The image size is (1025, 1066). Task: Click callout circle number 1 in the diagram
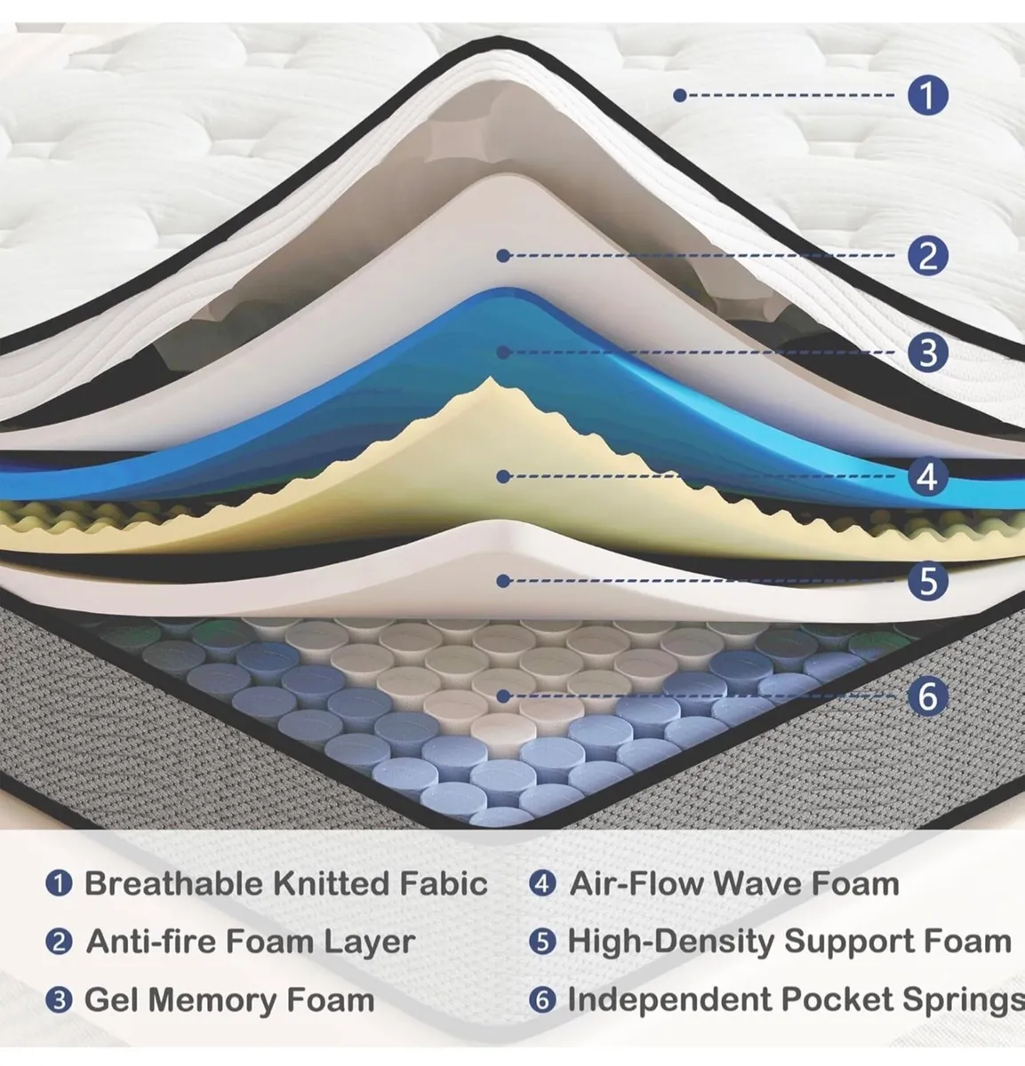pyautogui.click(x=927, y=95)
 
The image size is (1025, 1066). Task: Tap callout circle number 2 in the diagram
pyautogui.click(x=927, y=256)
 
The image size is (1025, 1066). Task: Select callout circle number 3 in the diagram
pyautogui.click(x=927, y=353)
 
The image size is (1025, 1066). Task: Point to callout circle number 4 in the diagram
pyautogui.click(x=927, y=476)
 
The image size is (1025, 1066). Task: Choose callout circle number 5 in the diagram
pyautogui.click(x=927, y=581)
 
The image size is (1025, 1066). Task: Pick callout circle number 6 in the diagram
pyautogui.click(x=927, y=696)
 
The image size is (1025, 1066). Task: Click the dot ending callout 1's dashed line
pyautogui.click(x=680, y=95)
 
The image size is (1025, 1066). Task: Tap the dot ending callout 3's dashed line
pyautogui.click(x=503, y=353)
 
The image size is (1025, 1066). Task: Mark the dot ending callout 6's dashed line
pyautogui.click(x=503, y=696)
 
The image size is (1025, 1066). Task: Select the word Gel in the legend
pyautogui.click(x=110, y=999)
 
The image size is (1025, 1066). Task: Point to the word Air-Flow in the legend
pyautogui.click(x=637, y=884)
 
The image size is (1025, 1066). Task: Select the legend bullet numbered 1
pyautogui.click(x=60, y=884)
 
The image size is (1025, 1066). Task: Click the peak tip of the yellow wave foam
pyautogui.click(x=491, y=378)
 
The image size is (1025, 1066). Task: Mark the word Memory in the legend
pyautogui.click(x=212, y=1000)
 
